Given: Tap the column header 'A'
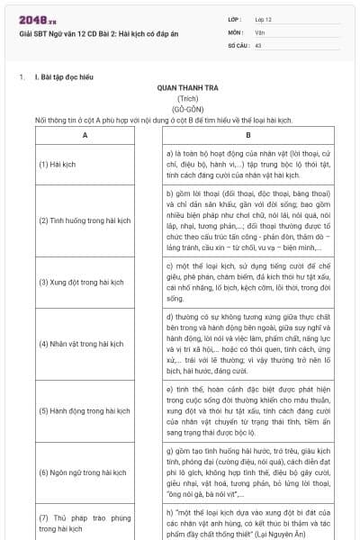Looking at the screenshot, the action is point(84,135).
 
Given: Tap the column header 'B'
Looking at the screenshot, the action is point(247,135).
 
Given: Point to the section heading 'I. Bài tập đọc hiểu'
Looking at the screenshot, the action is point(67,77).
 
